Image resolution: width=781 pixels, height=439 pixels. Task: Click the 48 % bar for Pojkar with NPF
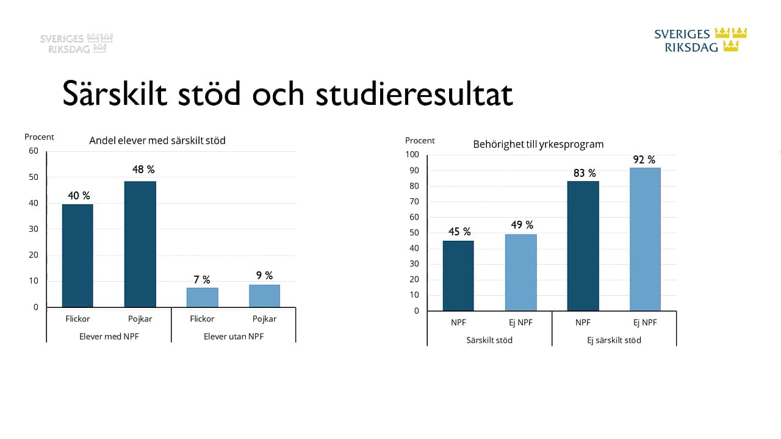click(x=140, y=244)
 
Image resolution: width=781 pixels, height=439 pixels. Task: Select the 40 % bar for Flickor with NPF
click(x=77, y=255)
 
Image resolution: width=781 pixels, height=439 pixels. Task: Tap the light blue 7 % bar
click(x=202, y=298)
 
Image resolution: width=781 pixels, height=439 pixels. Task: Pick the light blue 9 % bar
click(x=264, y=296)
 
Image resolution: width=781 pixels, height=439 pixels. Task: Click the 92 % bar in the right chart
click(x=645, y=239)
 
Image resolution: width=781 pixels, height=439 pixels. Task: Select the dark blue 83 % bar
click(x=583, y=246)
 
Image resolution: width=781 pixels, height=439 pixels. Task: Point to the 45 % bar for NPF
click(x=458, y=276)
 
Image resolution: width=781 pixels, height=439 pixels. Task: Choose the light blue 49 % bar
click(x=520, y=273)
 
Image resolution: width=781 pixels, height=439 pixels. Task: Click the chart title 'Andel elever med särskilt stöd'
click(x=157, y=141)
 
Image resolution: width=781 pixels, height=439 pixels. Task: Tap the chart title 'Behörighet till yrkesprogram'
click(x=538, y=145)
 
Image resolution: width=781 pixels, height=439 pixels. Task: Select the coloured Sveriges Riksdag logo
click(x=700, y=40)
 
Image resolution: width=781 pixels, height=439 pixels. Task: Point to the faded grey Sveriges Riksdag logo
click(x=76, y=43)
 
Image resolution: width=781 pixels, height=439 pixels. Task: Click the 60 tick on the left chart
click(x=34, y=151)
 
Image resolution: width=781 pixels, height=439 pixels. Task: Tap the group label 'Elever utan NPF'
click(x=234, y=337)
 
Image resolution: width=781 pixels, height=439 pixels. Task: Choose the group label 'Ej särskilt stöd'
click(x=614, y=340)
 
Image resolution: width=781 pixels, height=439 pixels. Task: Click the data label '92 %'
click(x=644, y=160)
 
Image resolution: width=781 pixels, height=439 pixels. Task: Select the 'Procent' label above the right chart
click(x=420, y=141)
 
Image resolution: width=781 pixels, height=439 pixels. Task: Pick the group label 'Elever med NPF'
click(x=109, y=337)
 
